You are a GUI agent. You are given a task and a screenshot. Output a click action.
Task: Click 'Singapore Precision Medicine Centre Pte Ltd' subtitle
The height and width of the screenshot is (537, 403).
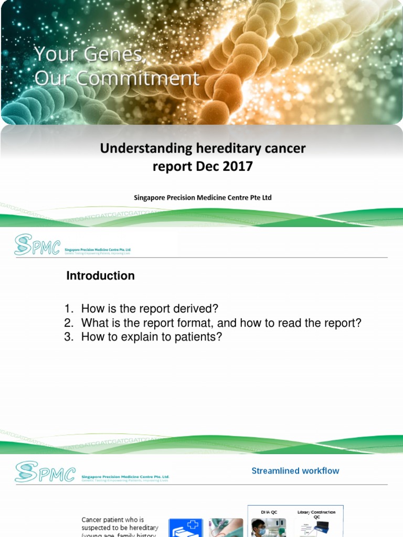pyautogui.click(x=203, y=198)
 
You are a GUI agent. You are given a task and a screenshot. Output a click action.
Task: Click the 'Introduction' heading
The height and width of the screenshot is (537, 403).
pyautogui.click(x=100, y=276)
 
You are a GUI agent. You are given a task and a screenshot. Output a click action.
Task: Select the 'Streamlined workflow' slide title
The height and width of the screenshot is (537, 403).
pyautogui.click(x=295, y=471)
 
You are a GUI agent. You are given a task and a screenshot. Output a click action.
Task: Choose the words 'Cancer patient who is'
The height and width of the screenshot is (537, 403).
pyautogui.click(x=112, y=520)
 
